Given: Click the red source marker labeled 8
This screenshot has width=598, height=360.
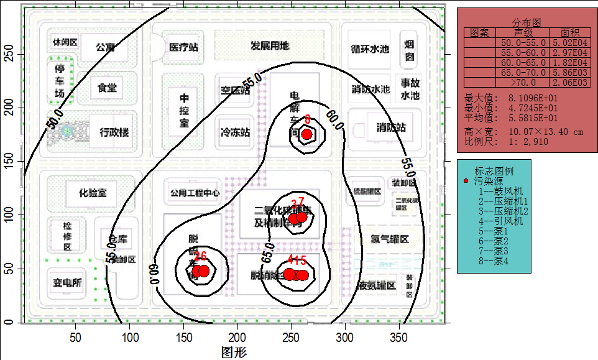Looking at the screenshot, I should [x=306, y=134].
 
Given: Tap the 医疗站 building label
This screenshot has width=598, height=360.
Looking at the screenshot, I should [x=184, y=47].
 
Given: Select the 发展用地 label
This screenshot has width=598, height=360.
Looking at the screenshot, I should [x=270, y=45].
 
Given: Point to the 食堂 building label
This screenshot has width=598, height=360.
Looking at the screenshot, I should [x=107, y=88].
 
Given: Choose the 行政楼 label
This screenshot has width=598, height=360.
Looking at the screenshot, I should [x=114, y=132].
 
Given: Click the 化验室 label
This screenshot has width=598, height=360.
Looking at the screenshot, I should [x=93, y=193].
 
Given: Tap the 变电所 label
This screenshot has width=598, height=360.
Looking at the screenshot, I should [x=67, y=283].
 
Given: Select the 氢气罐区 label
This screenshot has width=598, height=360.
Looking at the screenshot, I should [x=390, y=240].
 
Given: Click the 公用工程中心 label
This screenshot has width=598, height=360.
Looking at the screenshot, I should [x=192, y=193].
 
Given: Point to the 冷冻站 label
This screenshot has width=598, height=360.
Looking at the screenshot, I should [x=235, y=132].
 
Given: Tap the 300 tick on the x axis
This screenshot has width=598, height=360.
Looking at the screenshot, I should [x=344, y=338].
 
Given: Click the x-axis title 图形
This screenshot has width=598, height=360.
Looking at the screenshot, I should [x=234, y=353].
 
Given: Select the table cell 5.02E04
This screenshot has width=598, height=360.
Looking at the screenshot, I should [x=573, y=43].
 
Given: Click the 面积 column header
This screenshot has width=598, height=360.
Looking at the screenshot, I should [x=569, y=32].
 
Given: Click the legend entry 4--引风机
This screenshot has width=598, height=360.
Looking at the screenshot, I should [x=500, y=221].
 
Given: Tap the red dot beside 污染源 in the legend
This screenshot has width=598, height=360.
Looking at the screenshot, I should [x=467, y=181].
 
